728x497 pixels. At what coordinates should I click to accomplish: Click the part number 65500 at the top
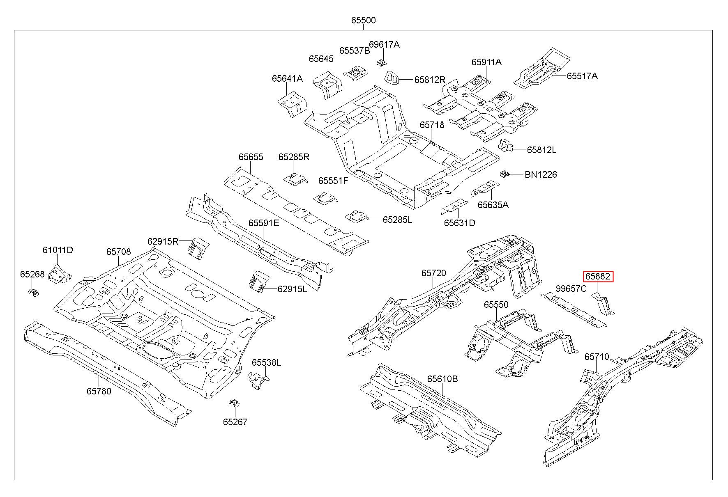click(363, 20)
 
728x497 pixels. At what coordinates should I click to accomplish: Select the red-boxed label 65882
click(598, 277)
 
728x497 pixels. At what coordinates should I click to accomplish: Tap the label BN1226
click(541, 174)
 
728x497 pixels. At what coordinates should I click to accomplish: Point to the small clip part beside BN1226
click(505, 174)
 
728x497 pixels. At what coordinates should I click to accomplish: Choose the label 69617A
click(384, 44)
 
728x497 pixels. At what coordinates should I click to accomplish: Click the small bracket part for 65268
click(33, 292)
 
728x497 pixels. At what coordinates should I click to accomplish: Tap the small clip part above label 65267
click(234, 403)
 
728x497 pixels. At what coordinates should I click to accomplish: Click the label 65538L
click(266, 362)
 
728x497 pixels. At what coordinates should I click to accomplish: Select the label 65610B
click(442, 379)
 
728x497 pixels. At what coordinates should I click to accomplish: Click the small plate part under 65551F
click(326, 198)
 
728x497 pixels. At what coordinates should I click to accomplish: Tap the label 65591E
click(263, 223)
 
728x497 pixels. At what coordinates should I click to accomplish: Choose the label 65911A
click(486, 62)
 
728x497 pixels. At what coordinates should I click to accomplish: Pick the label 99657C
click(571, 289)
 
